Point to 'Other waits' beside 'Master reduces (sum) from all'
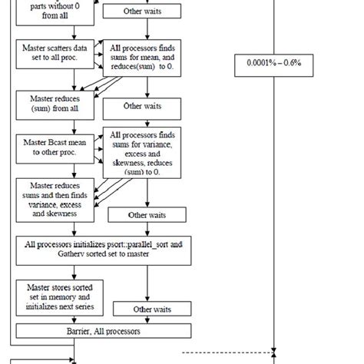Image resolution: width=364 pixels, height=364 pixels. click(142, 106)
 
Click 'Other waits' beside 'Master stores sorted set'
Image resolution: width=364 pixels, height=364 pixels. click(147, 309)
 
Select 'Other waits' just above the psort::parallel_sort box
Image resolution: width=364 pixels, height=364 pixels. click(147, 216)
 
